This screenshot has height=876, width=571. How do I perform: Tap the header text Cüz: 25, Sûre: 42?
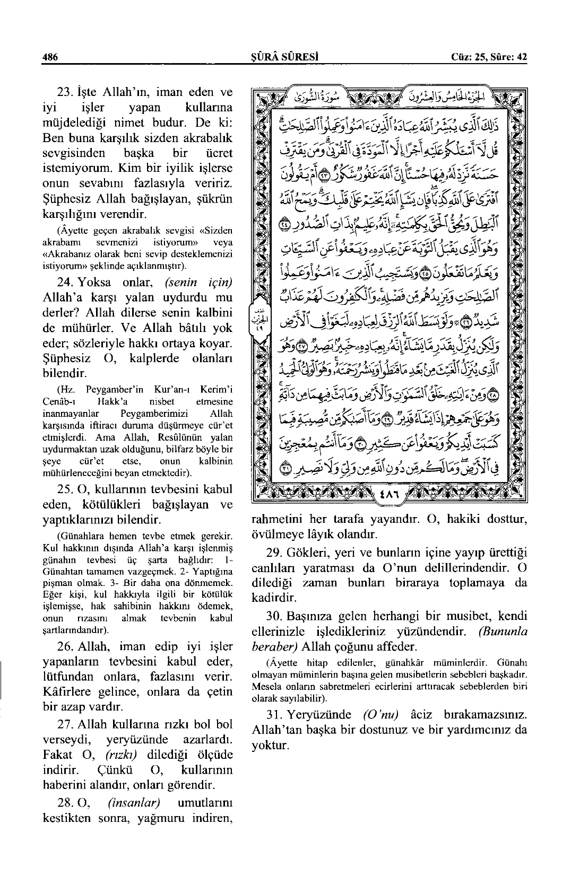[x=488, y=57]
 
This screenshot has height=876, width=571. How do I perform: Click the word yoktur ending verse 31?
[x=270, y=745]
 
